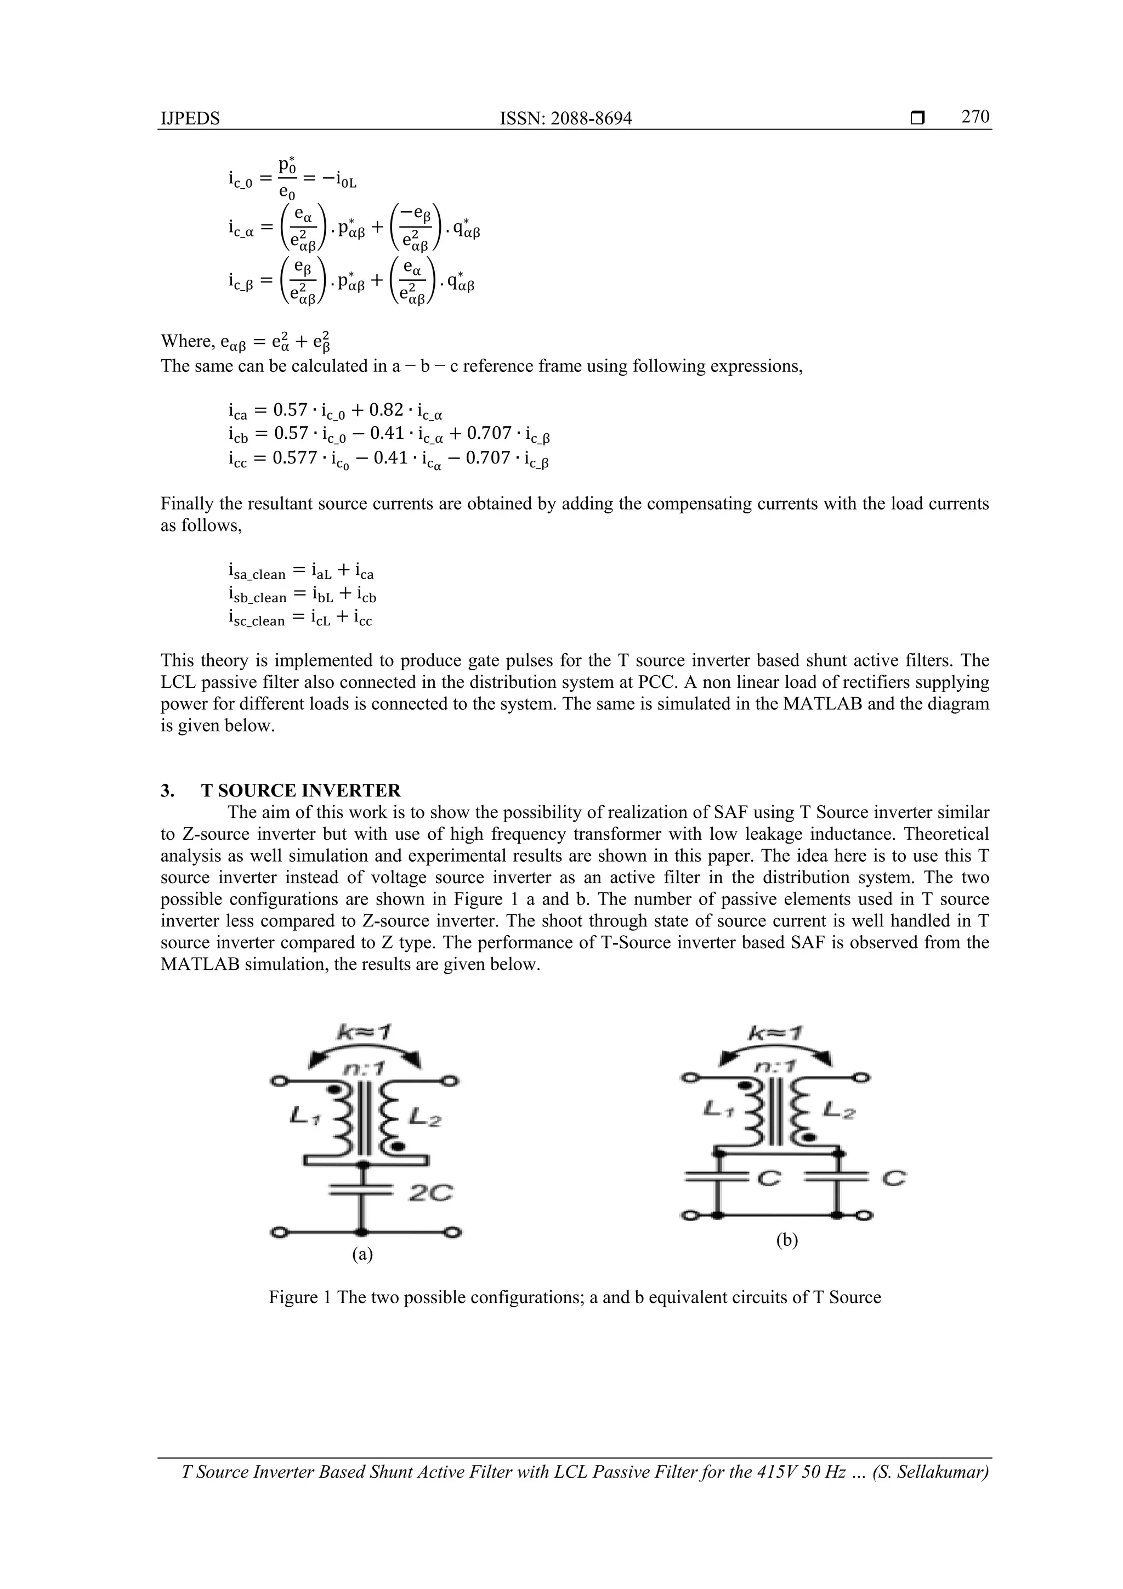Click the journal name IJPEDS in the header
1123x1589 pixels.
[190, 119]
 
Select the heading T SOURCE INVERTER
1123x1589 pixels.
[300, 790]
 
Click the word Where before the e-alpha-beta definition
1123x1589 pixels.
[185, 341]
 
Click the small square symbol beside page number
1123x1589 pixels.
[917, 119]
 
